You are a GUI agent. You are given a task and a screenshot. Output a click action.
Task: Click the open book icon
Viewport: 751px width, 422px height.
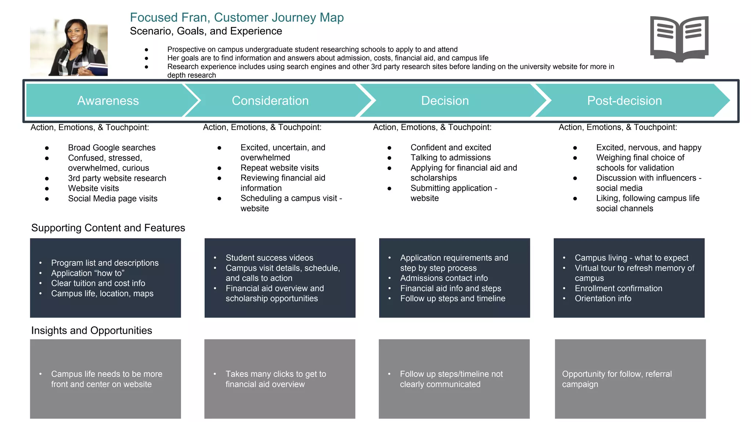click(x=679, y=38)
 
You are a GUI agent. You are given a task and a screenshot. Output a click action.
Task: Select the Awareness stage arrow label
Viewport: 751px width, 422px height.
click(x=108, y=101)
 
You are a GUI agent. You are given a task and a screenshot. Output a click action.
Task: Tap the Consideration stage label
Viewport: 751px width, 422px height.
click(x=270, y=101)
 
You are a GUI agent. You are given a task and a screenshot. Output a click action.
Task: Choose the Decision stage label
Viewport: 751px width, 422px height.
click(x=445, y=101)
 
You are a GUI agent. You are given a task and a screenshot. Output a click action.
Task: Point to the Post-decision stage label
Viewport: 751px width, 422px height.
click(x=624, y=101)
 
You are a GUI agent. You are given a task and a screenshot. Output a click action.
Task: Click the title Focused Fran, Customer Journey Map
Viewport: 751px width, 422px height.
click(x=237, y=18)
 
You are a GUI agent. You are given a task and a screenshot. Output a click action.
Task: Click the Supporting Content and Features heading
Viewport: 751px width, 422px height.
click(x=108, y=228)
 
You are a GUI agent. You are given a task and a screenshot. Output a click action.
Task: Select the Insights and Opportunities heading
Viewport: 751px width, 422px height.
click(x=91, y=330)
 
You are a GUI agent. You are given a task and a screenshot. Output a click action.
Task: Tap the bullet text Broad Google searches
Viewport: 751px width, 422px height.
click(x=111, y=148)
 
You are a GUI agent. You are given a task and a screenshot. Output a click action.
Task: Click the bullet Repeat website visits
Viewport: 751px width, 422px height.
click(x=279, y=168)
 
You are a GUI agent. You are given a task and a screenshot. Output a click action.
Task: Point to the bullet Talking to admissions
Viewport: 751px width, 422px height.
click(x=450, y=158)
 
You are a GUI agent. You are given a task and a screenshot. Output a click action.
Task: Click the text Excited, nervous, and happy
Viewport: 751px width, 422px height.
click(x=648, y=148)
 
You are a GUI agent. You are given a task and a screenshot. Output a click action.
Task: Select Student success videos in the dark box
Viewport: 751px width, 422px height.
click(x=269, y=258)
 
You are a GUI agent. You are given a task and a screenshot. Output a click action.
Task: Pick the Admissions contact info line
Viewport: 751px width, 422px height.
click(x=444, y=278)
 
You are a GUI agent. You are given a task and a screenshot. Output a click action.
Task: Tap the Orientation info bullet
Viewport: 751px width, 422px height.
click(x=603, y=299)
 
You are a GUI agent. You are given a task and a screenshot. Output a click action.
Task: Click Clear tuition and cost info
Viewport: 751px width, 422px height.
click(x=98, y=283)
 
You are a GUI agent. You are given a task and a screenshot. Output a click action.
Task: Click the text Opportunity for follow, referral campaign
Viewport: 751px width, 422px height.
click(x=617, y=379)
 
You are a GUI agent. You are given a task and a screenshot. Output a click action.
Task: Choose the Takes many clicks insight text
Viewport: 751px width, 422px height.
click(x=275, y=379)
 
